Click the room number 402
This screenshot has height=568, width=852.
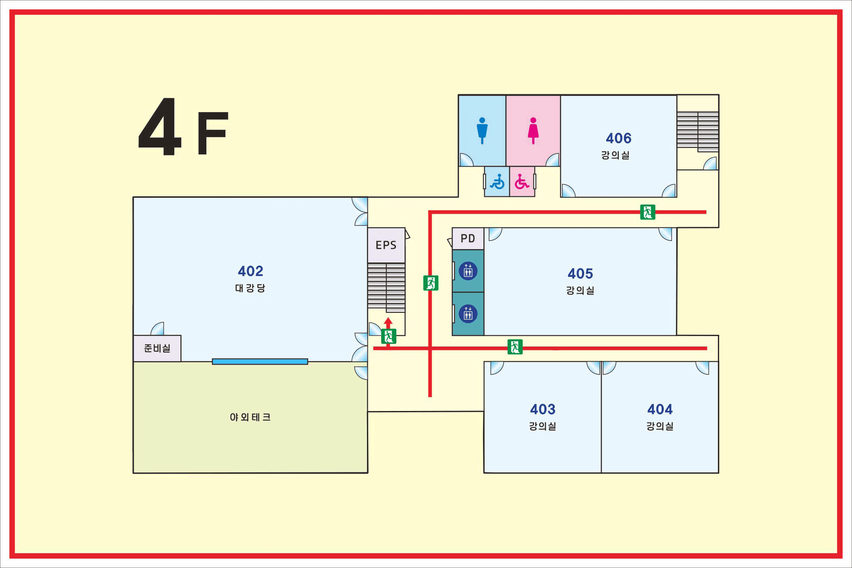pos(251,271)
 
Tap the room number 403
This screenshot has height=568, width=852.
pos(543,409)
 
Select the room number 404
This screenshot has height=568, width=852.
pos(660,409)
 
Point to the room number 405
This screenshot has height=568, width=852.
pos(580,273)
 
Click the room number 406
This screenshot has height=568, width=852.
pos(618,138)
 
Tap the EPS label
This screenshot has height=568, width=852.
pos(386,245)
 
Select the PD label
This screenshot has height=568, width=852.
pos(468,238)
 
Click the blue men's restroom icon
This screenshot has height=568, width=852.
pos(482,131)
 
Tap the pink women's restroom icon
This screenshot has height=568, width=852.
pos(533,131)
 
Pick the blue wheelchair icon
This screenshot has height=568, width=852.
pos(497,182)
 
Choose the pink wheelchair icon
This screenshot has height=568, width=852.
pos(522,182)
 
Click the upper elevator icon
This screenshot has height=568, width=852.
pos(468,271)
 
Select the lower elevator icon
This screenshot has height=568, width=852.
pos(468,314)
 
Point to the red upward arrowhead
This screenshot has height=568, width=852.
pos(388,322)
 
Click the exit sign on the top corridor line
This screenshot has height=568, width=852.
pos(648,212)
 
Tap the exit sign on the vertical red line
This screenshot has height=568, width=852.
pos(431,283)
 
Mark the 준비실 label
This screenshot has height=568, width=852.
pos(157,348)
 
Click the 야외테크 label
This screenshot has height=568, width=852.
pos(250,417)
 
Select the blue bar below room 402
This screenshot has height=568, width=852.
pos(260,362)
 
